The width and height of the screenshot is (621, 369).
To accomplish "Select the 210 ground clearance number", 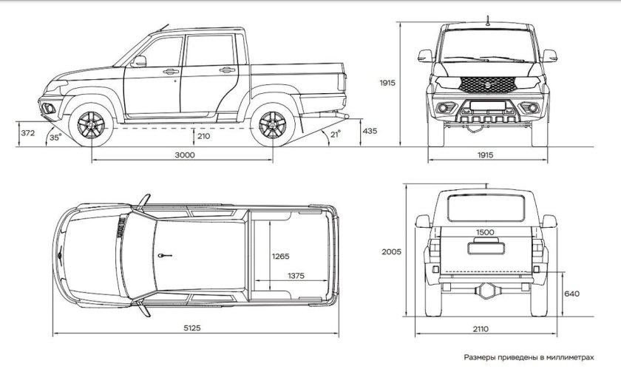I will (x=203, y=137).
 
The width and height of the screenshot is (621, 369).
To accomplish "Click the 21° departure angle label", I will (x=336, y=135).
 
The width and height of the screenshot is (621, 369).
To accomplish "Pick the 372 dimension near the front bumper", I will (x=28, y=133).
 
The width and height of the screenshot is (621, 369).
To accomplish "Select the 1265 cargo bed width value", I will (x=280, y=257).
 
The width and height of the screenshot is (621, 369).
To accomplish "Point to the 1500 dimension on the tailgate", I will (x=485, y=232).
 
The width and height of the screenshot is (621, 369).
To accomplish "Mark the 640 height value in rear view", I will (x=572, y=294).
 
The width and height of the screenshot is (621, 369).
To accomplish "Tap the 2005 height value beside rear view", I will (x=392, y=251).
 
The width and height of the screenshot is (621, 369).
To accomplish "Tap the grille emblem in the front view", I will (x=488, y=84).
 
